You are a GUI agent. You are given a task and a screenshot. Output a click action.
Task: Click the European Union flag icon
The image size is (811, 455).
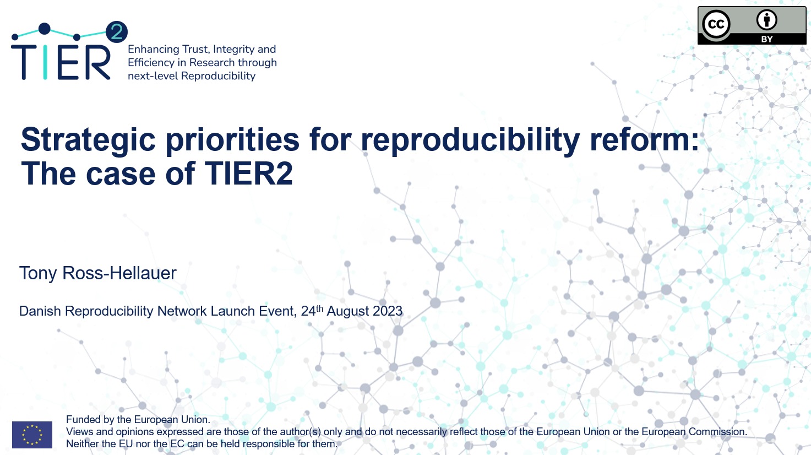point(32,435)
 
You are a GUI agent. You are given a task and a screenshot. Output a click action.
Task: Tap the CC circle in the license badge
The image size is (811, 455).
point(716,24)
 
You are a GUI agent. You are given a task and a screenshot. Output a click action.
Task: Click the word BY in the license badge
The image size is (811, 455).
point(766,39)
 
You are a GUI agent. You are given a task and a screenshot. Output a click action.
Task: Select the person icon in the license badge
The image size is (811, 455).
point(766,20)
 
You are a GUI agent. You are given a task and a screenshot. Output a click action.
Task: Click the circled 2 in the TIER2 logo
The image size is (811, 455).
point(117,32)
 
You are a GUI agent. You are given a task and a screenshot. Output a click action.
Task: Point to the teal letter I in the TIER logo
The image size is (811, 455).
point(45,62)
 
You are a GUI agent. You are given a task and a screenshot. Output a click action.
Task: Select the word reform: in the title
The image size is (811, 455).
point(645,139)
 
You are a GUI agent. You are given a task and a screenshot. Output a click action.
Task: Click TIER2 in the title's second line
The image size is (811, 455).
point(248,174)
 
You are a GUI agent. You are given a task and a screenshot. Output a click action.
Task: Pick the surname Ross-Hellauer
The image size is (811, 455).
point(119,273)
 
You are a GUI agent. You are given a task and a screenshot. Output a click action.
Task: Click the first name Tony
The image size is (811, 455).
point(37,273)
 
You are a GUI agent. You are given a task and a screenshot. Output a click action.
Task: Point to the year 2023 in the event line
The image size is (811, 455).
point(388,311)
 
